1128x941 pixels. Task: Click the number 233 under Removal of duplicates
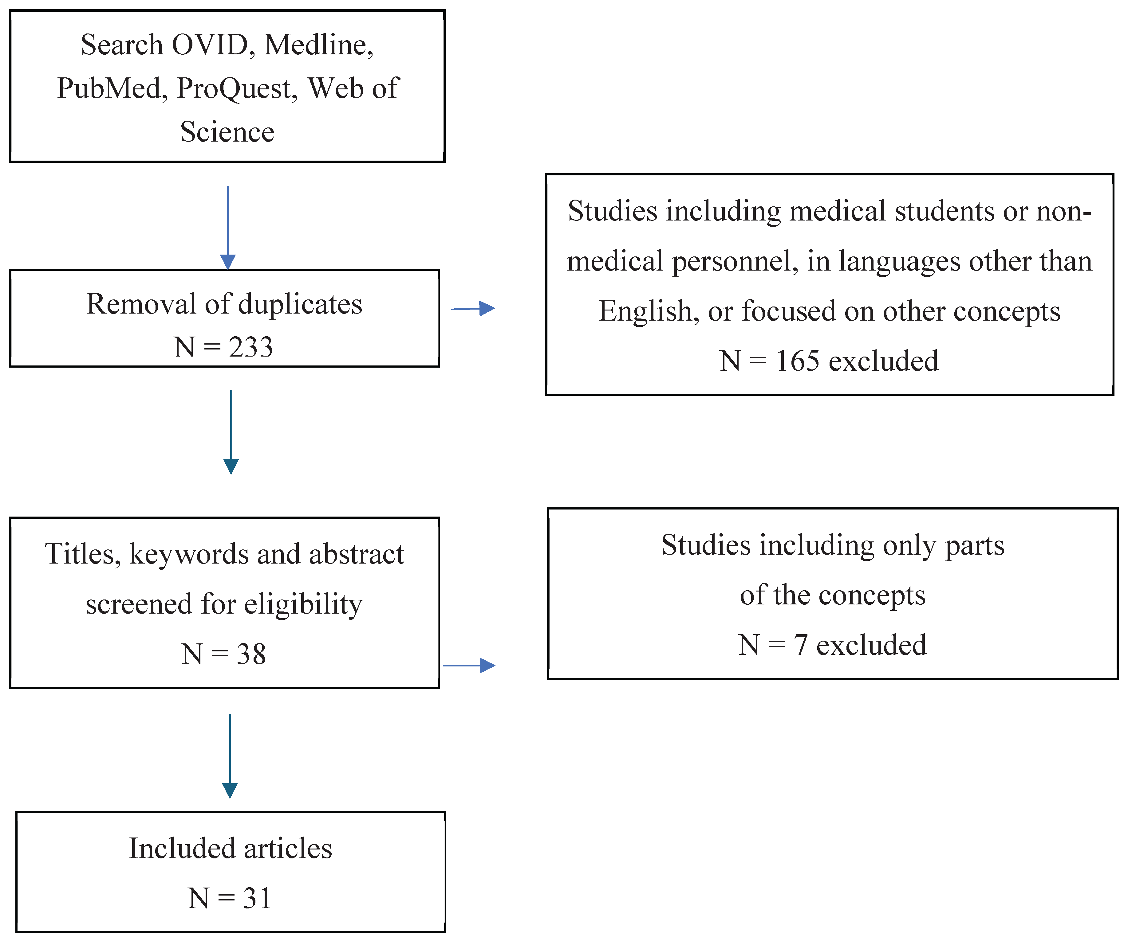coord(251,347)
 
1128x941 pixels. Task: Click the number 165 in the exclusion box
coord(798,361)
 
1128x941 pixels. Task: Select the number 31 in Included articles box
coord(257,899)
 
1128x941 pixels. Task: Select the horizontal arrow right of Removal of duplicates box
coord(473,309)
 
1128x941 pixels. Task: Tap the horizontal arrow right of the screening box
coord(468,666)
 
